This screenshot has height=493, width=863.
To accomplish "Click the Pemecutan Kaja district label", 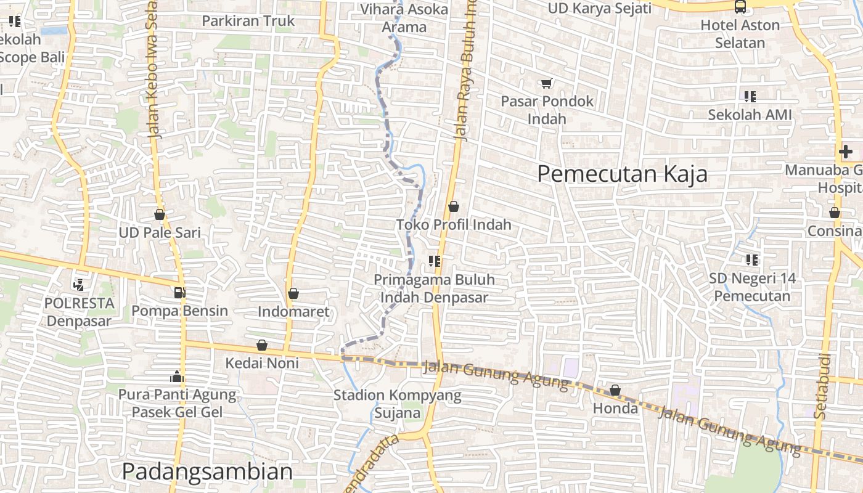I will [622, 174].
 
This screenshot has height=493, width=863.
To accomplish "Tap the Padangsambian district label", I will [207, 471].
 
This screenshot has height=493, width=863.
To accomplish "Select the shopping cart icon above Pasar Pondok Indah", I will [546, 83].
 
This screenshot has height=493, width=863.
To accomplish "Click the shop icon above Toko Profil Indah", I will [454, 206].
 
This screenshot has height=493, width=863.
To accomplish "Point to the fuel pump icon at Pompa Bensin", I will [179, 293].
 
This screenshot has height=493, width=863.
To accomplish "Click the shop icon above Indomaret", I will [293, 293].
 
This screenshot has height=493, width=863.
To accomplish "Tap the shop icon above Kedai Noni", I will [262, 345].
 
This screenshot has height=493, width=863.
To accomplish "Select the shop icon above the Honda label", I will [615, 390].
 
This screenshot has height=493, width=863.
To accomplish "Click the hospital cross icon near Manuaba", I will [845, 152].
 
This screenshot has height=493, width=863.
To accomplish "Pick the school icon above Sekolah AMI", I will [750, 97].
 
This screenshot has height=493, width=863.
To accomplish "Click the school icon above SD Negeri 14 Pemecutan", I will [751, 260].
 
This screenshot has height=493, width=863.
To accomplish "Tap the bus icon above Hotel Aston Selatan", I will [740, 7].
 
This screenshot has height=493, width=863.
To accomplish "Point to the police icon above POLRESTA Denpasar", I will [78, 285].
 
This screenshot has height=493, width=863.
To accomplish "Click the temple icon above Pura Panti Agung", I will [177, 376].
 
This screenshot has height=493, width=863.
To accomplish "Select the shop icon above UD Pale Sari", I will [160, 214].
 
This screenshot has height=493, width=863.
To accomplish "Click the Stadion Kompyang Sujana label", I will [397, 404].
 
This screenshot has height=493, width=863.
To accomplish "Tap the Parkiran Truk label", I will [248, 21].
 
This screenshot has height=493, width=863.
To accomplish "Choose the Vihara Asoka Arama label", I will [404, 18].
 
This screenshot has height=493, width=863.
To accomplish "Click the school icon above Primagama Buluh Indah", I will [435, 262].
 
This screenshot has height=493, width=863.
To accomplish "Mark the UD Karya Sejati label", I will [600, 8].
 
